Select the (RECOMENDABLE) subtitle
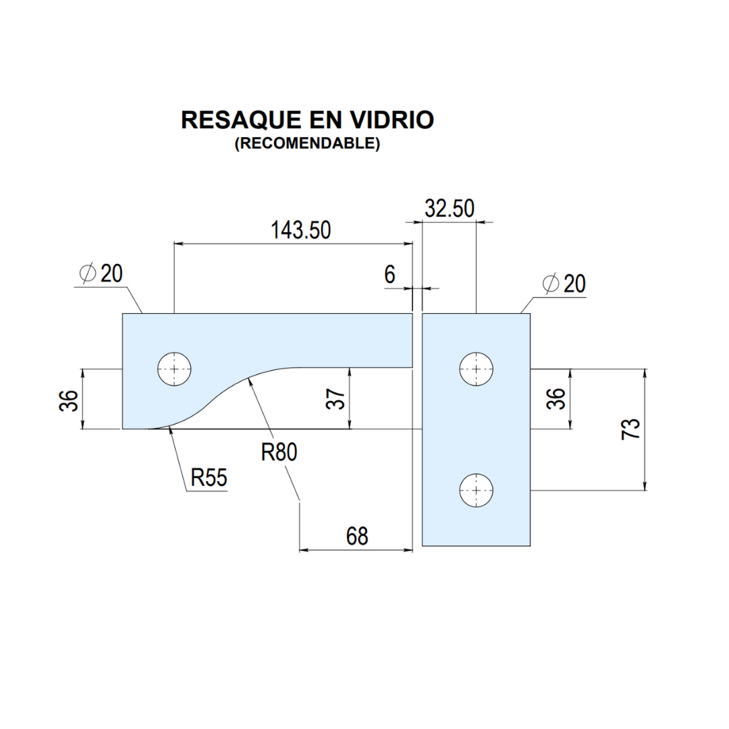click(x=307, y=144)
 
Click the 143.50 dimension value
click(x=301, y=230)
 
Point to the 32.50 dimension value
click(x=450, y=209)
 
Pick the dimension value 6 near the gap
click(x=389, y=275)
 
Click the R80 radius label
click(x=279, y=452)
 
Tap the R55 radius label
click(x=209, y=478)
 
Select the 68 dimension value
click(x=357, y=536)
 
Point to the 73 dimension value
click(x=629, y=429)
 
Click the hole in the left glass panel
click(x=175, y=369)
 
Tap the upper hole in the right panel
click(x=477, y=369)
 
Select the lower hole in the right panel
click(x=477, y=489)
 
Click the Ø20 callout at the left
click(x=101, y=273)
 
